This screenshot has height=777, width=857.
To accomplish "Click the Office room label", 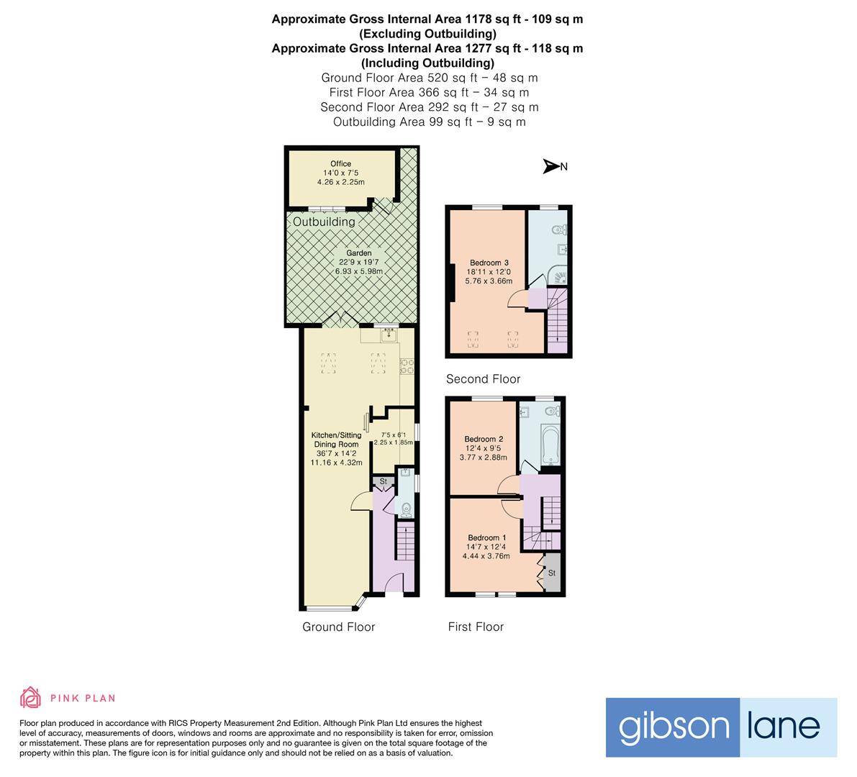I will [x=340, y=164].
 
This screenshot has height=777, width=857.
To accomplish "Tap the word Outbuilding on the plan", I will [x=324, y=222].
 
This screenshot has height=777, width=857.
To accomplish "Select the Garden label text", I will [x=359, y=253].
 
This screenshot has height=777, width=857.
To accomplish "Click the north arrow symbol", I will [x=552, y=167].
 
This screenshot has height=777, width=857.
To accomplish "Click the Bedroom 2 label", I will [x=484, y=440].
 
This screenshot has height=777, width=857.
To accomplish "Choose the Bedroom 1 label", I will [x=487, y=538].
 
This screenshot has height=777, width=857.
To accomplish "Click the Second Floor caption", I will [x=483, y=379].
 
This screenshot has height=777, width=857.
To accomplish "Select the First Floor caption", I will [x=476, y=627].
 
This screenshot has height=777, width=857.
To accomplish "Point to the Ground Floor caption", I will [x=338, y=627].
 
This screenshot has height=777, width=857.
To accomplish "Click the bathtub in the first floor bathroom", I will [x=549, y=445].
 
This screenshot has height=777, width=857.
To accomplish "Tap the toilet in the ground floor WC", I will [x=406, y=509].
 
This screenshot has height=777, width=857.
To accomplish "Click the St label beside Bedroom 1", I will [x=553, y=573].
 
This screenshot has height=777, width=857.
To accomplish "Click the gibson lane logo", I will [x=721, y=727].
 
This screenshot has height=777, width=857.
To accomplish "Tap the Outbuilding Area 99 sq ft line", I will [x=429, y=122].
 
